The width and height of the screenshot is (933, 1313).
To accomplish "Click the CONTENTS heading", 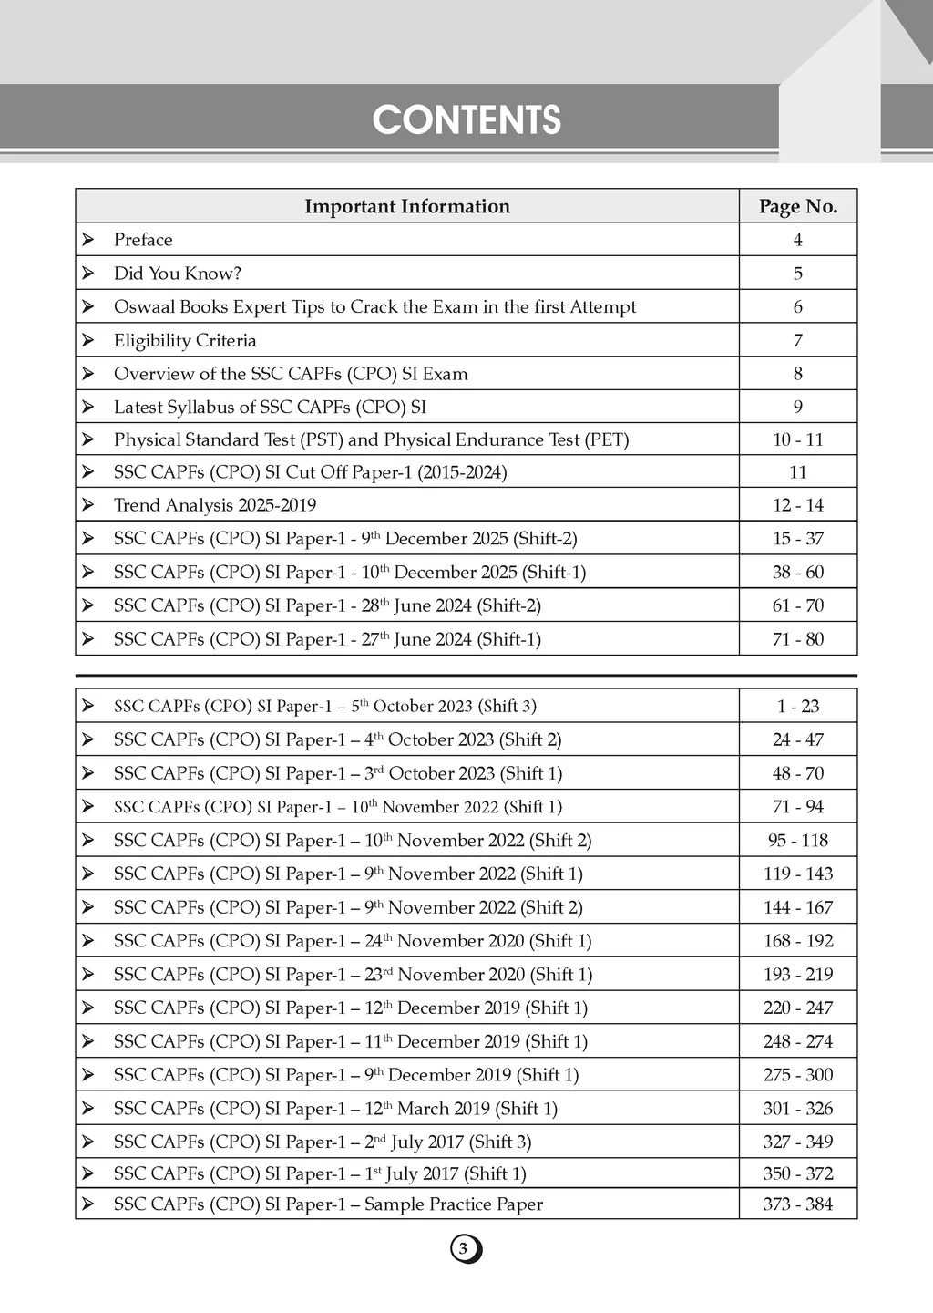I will (466, 120).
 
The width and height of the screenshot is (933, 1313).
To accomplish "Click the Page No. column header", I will (798, 206).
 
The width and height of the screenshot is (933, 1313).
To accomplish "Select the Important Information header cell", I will (406, 206).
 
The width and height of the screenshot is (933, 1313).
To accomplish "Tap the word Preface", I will (143, 240).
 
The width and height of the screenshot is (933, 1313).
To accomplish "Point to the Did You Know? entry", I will (177, 274).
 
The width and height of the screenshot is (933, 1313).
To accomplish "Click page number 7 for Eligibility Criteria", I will (798, 340).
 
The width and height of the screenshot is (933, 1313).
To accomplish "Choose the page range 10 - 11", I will (798, 439).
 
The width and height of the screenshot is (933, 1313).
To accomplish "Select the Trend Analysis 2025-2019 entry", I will (215, 505).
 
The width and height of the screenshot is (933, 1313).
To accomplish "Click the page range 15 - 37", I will (798, 539).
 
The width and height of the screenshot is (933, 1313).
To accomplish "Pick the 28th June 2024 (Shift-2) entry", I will (327, 605).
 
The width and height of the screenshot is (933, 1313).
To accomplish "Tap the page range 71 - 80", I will (798, 639).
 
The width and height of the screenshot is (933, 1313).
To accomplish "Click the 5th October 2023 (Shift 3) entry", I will (325, 706).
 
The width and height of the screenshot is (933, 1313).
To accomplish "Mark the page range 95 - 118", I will (798, 840).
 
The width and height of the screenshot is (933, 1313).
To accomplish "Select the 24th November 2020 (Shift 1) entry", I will (353, 941).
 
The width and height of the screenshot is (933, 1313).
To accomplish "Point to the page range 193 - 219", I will (798, 974).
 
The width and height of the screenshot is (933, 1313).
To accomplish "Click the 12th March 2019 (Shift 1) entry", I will (335, 1109).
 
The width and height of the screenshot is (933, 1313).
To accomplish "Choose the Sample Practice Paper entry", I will (328, 1204).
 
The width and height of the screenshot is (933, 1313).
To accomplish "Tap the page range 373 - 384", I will (798, 1204).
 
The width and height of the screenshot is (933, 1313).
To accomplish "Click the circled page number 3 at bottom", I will (465, 1249).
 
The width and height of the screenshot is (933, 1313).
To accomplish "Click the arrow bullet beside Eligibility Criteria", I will (88, 340).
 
